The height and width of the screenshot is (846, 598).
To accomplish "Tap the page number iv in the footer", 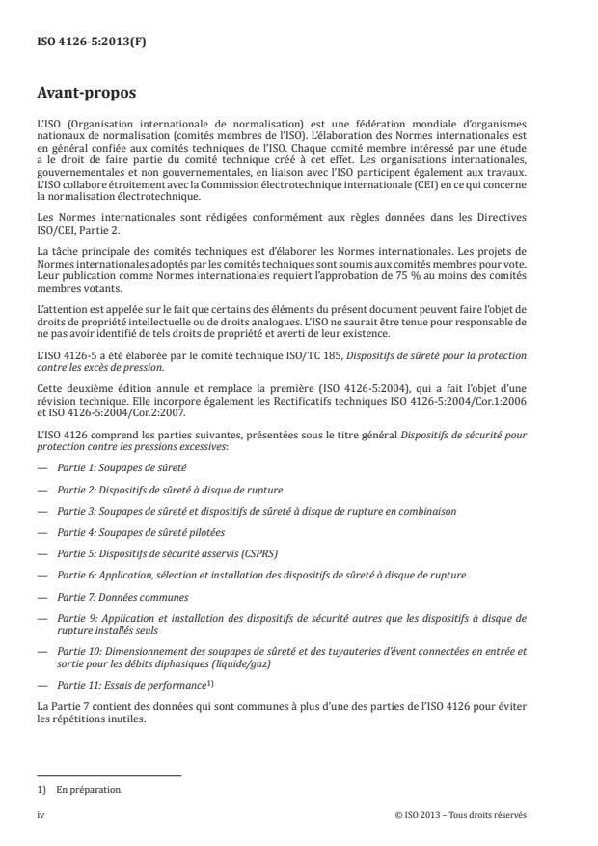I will click(x=41, y=814).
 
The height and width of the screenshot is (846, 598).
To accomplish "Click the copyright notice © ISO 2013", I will click(x=461, y=814).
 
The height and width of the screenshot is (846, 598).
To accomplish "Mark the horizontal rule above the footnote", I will click(x=109, y=775).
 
